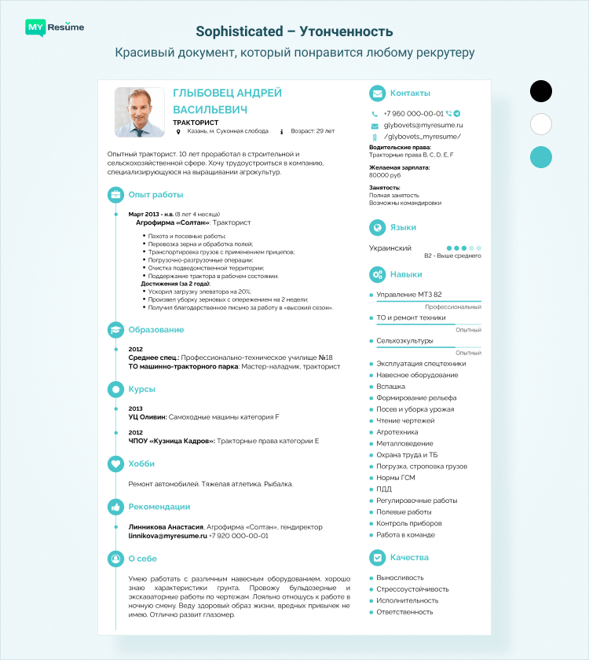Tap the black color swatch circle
(x=541, y=91)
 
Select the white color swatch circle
(x=541, y=124)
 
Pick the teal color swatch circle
(x=541, y=156)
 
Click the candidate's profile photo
(x=139, y=112)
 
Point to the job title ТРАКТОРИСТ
(x=196, y=122)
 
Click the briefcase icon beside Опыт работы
(x=115, y=194)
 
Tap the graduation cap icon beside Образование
(x=115, y=330)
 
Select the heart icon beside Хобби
(x=115, y=464)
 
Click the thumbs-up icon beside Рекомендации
(x=115, y=507)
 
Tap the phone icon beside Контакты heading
(x=378, y=93)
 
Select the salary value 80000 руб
(x=385, y=175)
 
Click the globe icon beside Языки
(x=378, y=227)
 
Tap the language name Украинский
(x=390, y=248)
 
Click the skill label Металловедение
(x=404, y=443)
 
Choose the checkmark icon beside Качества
(x=378, y=557)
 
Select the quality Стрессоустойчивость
(x=413, y=588)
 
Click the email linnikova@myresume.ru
(x=167, y=535)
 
